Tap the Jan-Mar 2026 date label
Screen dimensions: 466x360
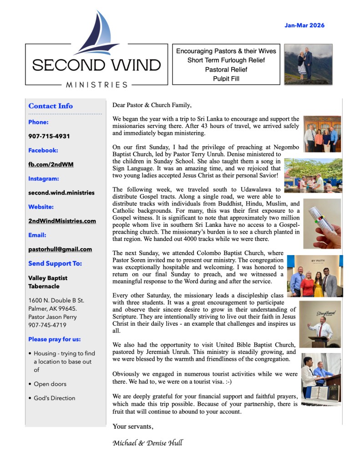pyautogui.click(x=304, y=26)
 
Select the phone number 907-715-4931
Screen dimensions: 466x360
pyautogui.click(x=49, y=136)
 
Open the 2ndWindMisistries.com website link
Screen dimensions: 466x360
pyautogui.click(x=62, y=221)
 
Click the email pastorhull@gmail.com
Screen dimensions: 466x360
pyautogui.click(x=60, y=249)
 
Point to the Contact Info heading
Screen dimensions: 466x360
pyautogui.click(x=51, y=106)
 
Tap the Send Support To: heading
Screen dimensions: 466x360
pyautogui.click(x=55, y=263)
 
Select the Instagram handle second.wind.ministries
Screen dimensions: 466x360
pyautogui.click(x=61, y=192)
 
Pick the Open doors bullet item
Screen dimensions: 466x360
pyautogui.click(x=50, y=384)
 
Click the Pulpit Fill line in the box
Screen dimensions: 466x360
pyautogui.click(x=220, y=78)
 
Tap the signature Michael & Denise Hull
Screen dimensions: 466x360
pyautogui.click(x=147, y=442)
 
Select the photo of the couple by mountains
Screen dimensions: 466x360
pyautogui.click(x=308, y=64)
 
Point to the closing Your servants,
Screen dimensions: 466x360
pyautogui.click(x=133, y=427)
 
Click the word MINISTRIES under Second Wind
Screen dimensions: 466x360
pyautogui.click(x=97, y=85)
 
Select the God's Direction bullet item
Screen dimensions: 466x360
pyautogui.click(x=55, y=398)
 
